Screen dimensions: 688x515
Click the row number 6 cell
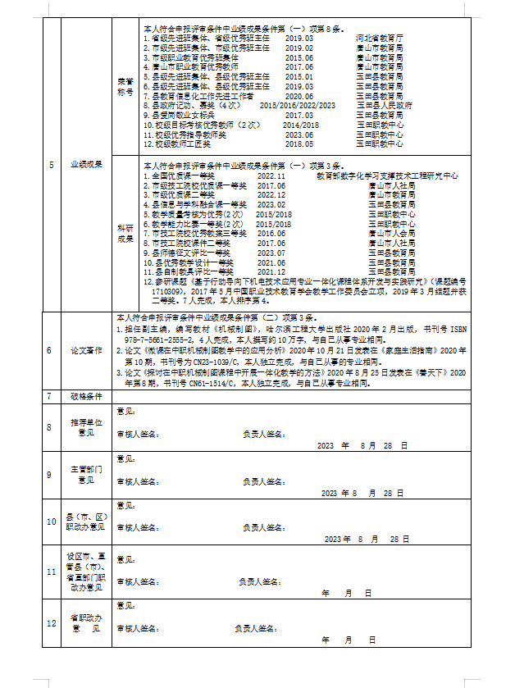pos(50,350)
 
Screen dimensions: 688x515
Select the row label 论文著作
pos(86,350)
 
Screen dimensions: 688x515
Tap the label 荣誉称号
pos(125,87)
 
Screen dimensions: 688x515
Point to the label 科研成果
pos(125,233)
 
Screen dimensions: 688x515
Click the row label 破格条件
pos(86,396)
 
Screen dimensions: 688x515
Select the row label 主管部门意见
pos(86,475)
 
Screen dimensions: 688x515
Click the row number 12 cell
pos(50,623)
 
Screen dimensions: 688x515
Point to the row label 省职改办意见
pos(86,623)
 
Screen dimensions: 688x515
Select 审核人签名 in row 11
pos(137,581)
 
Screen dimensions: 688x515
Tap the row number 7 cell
pos(50,396)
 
